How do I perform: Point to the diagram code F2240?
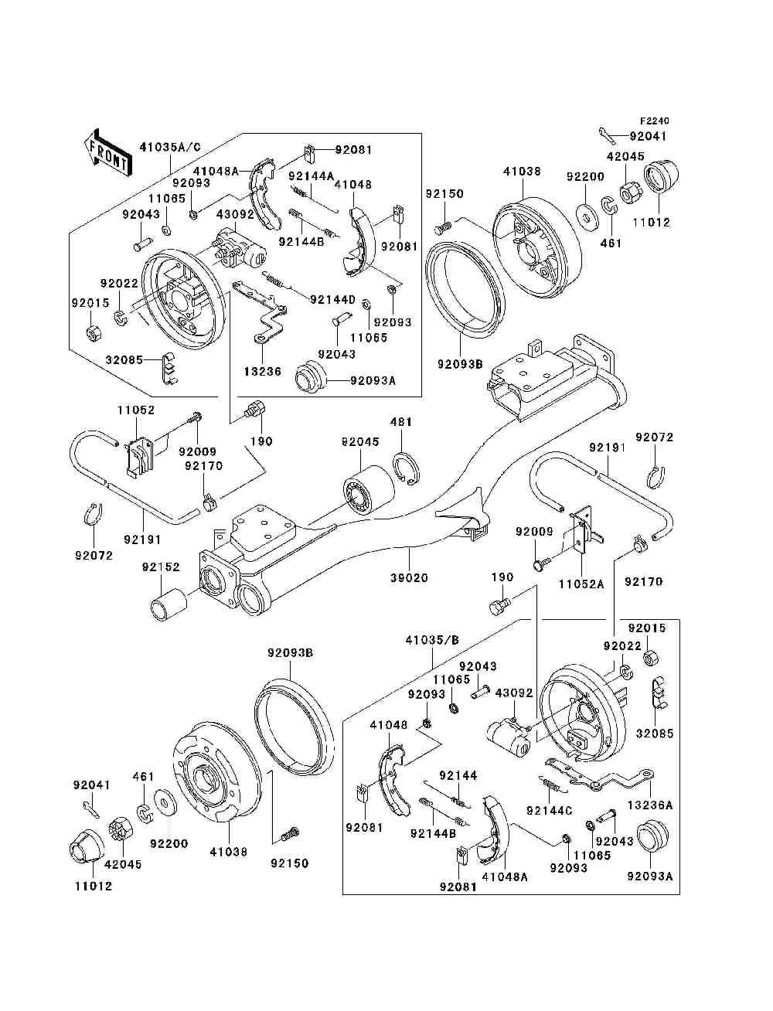point(653,121)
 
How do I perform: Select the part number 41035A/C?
point(169,146)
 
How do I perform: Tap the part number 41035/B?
point(431,640)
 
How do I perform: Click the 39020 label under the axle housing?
point(409,577)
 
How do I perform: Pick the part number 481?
point(400,422)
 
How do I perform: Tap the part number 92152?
point(160,567)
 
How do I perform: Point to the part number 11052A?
point(581,584)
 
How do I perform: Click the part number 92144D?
point(332,299)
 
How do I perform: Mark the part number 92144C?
point(549,810)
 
